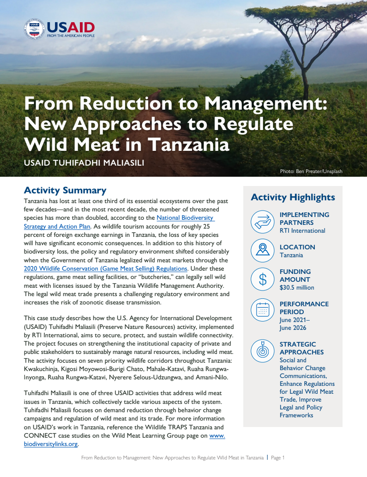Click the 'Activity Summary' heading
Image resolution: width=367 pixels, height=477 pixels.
tap(65, 190)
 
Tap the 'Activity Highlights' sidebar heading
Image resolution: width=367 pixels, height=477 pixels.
tap(293, 197)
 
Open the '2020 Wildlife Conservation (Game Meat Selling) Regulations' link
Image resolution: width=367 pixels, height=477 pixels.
tap(105, 268)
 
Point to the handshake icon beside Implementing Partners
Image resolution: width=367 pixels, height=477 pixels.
tap(263, 222)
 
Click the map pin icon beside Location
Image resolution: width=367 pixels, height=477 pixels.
tap(263, 250)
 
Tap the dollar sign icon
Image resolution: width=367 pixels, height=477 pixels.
tap(263, 279)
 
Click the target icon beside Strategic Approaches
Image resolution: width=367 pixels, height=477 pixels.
tap(263, 351)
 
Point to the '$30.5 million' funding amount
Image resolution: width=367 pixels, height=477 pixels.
tap(297, 287)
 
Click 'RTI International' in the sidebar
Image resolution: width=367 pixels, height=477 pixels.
tap(302, 230)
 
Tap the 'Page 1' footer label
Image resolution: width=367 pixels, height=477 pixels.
tap(278, 458)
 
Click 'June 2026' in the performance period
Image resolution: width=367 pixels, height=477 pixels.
tap(294, 328)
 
